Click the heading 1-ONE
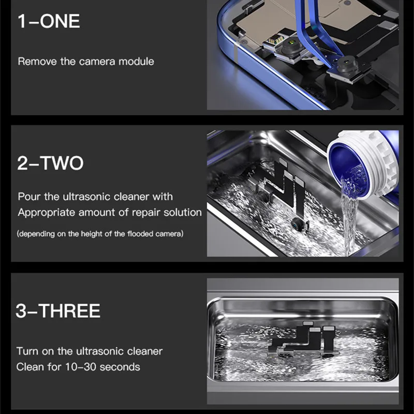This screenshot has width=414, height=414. [x=49, y=21]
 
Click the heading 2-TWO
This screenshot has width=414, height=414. [x=50, y=163]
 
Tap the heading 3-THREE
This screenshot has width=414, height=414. [x=58, y=310]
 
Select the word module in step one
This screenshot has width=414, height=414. [x=136, y=62]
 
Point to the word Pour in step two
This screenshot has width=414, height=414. [x=29, y=197]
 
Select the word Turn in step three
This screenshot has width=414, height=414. [x=27, y=351]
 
